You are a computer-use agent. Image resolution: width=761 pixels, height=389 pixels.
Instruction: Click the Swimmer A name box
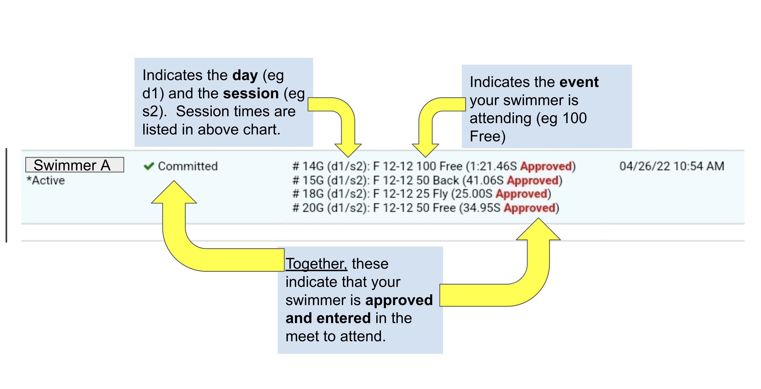point(74,165)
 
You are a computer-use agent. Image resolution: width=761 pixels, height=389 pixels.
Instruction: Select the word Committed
point(188,166)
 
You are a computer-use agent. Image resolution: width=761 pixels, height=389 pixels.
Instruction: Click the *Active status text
point(46,180)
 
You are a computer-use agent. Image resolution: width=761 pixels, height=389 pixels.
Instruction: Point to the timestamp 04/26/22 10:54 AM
point(671,166)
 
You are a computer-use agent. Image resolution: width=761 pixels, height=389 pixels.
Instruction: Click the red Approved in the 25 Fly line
point(522,194)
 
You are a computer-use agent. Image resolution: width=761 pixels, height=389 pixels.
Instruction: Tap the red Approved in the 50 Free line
point(530,208)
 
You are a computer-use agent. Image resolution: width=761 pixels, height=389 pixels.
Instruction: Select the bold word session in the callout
point(250,94)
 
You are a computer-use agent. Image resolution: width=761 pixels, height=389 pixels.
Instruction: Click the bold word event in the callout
point(579,82)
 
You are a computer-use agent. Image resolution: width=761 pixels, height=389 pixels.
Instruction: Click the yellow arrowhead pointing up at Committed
point(174,193)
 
